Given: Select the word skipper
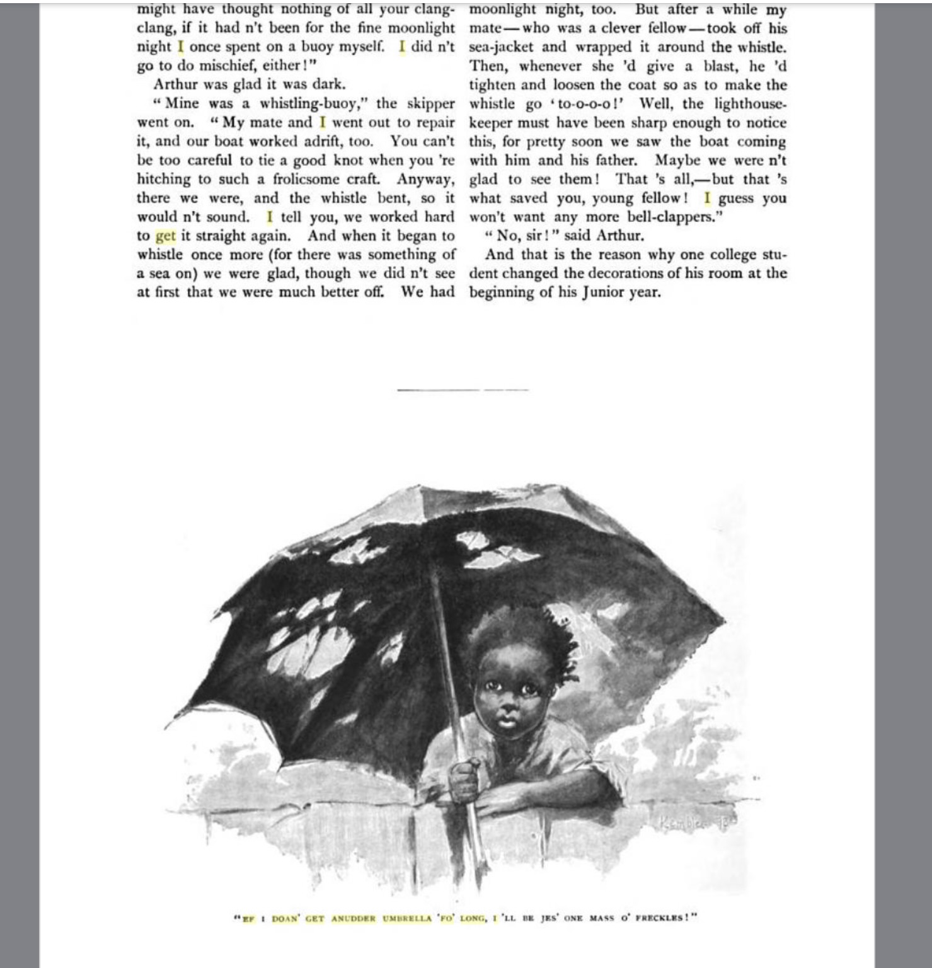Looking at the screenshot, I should coord(430,103).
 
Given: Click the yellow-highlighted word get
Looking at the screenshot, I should coord(165,236).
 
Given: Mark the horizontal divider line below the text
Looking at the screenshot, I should coord(463,390).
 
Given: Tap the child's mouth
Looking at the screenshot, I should coord(507,719).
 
